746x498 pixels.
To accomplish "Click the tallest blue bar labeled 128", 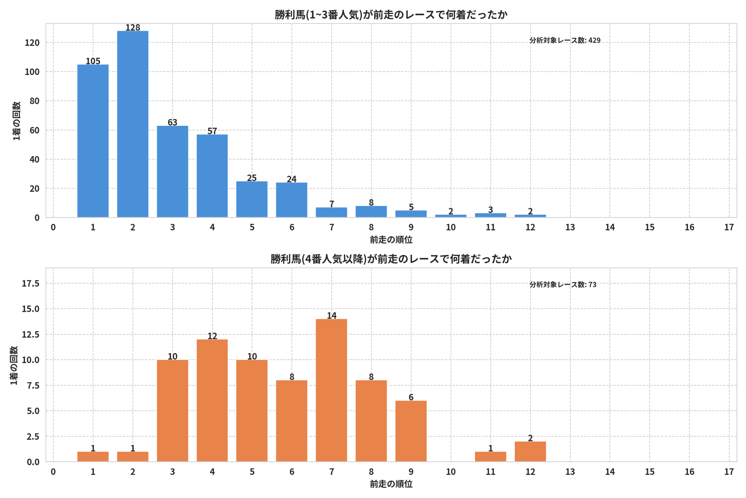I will pos(133,124).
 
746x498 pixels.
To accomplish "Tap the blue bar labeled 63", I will pos(172,172).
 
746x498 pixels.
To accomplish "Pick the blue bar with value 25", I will pos(252,199).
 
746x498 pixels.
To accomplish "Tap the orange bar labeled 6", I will pos(411,431).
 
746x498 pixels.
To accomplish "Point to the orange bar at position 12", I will pos(530,451).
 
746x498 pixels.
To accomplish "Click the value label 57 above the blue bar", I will pos(212,131).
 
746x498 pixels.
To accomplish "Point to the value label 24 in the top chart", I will pos(291,179).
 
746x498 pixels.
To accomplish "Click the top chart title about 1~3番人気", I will pos(391,15).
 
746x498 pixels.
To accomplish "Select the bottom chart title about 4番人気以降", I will pos(391,259).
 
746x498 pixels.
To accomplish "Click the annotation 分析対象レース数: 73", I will pos(563,284).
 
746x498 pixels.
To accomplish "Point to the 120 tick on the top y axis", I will pos(32,43).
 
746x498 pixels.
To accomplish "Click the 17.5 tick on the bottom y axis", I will pos(30,283).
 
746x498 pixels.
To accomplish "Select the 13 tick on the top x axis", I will pos(570,227).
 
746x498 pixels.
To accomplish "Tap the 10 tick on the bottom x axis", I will pos(451,472).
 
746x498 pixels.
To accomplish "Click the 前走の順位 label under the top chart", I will pos(391,240).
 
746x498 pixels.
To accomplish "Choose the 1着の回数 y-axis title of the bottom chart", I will pos(14,365).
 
